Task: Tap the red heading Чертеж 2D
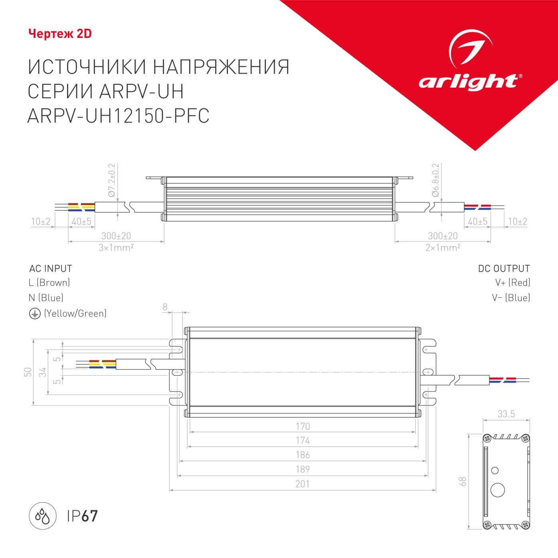pyautogui.click(x=60, y=34)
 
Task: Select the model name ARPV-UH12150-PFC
pyautogui.click(x=118, y=116)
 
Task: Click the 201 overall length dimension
pyautogui.click(x=303, y=484)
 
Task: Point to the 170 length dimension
pyautogui.click(x=303, y=426)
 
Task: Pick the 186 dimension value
pyautogui.click(x=303, y=455)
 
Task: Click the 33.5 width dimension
pyautogui.click(x=506, y=414)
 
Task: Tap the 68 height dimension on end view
pyautogui.click(x=462, y=481)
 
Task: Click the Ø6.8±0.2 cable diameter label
pyautogui.click(x=436, y=180)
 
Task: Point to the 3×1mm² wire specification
pyautogui.click(x=116, y=248)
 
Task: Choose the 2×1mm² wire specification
pyautogui.click(x=443, y=248)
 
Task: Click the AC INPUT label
pyautogui.click(x=51, y=269)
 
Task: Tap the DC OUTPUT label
pyautogui.click(x=504, y=269)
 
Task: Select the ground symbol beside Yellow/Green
pyautogui.click(x=35, y=314)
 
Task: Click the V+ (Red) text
pyautogui.click(x=513, y=283)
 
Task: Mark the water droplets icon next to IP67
pyautogui.click(x=43, y=516)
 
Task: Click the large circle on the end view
pyautogui.click(x=498, y=490)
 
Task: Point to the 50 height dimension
pyautogui.click(x=28, y=372)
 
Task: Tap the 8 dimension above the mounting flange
pyautogui.click(x=165, y=307)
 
